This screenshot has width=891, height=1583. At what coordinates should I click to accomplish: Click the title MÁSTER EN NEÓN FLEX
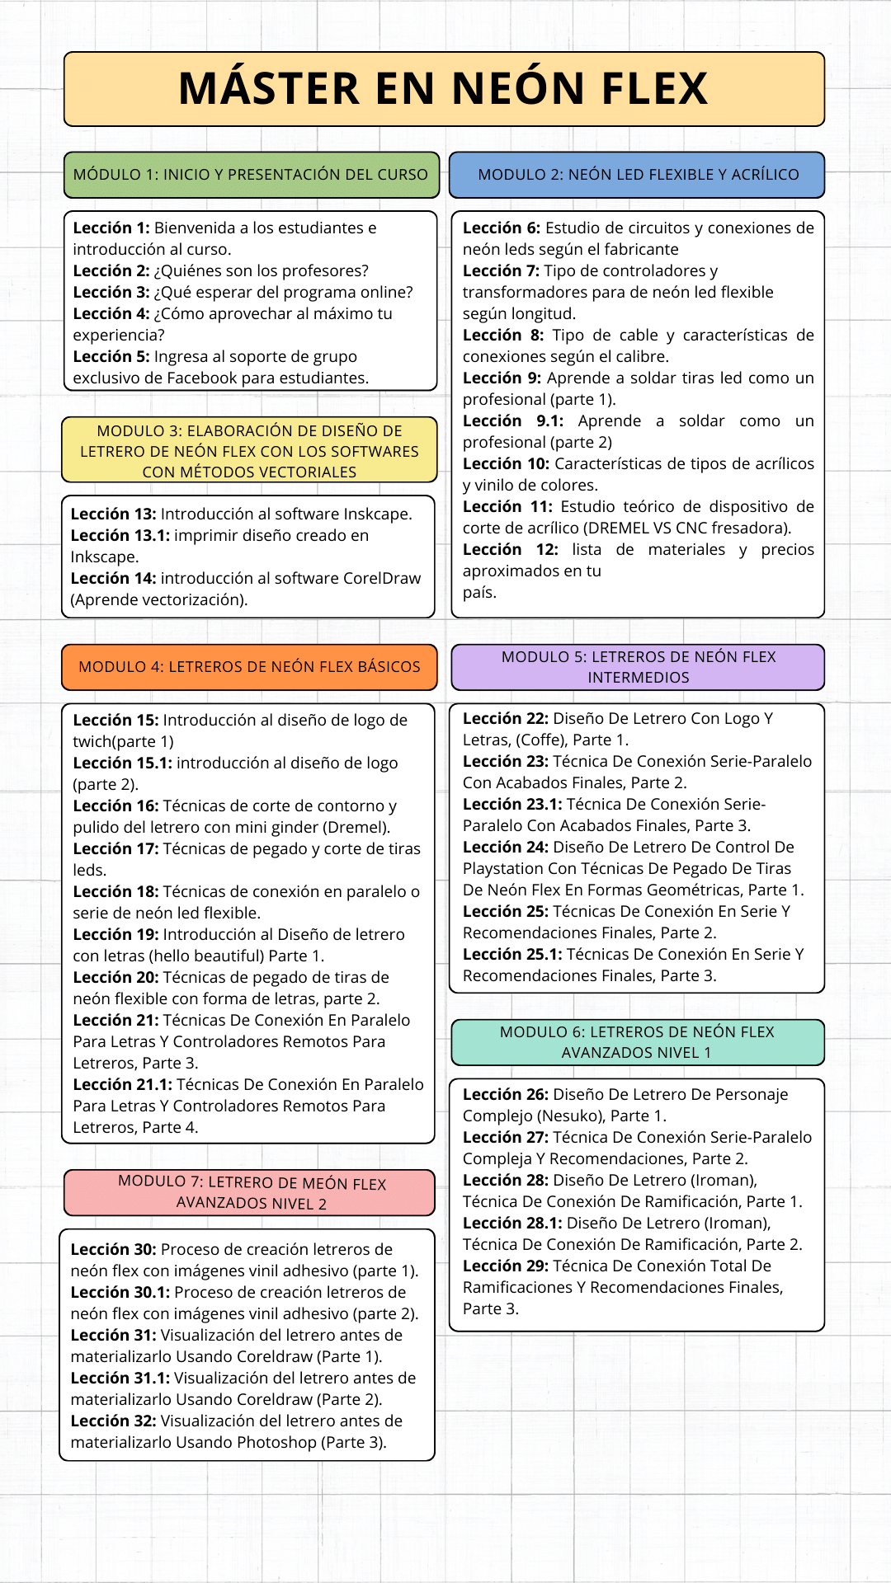pyautogui.click(x=444, y=89)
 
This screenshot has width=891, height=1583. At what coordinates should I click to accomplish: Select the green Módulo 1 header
pyautogui.click(x=251, y=175)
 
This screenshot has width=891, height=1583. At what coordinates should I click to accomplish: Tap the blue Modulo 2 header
pyautogui.click(x=638, y=175)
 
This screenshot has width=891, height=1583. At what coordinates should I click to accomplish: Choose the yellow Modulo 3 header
pyautogui.click(x=249, y=450)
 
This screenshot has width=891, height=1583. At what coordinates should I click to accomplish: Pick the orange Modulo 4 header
pyautogui.click(x=249, y=667)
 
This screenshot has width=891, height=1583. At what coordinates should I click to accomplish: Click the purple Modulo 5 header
pyautogui.click(x=638, y=667)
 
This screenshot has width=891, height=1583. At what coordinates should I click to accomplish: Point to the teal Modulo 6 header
pyautogui.click(x=637, y=1042)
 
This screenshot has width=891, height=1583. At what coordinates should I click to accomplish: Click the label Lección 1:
pyautogui.click(x=111, y=228)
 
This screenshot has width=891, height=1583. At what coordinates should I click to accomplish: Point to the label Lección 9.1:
pyautogui.click(x=512, y=421)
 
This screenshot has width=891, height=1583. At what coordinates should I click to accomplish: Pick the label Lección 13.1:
pyautogui.click(x=120, y=536)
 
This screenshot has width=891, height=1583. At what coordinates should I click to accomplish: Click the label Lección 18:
pyautogui.click(x=115, y=892)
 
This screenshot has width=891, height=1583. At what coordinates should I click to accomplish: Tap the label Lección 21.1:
pyautogui.click(x=122, y=1085)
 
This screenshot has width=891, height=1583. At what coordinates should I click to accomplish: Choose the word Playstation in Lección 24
pyautogui.click(x=504, y=869)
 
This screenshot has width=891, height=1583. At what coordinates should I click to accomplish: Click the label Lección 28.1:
pyautogui.click(x=512, y=1224)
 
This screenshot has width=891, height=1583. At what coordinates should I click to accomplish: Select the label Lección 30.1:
pyautogui.click(x=120, y=1293)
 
